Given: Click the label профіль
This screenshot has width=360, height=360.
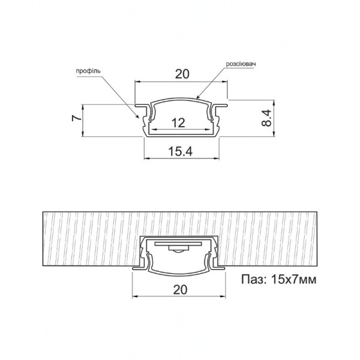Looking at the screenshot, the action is point(88,71).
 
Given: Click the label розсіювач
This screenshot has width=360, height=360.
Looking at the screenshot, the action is point(241,64).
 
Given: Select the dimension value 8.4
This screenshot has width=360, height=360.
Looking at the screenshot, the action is point(266,118).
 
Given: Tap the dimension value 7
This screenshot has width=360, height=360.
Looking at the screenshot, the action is point(77,118).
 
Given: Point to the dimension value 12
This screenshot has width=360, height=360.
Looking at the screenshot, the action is point(178,123).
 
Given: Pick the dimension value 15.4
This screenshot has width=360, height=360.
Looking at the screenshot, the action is point(181,151).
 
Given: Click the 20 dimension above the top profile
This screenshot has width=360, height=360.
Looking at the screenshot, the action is point(182,74).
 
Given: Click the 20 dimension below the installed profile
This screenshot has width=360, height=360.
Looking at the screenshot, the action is point(180,290).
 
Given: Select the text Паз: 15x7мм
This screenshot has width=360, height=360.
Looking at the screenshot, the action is point(279,280).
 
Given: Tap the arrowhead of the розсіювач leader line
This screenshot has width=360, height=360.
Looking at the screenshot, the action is point(197,97).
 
